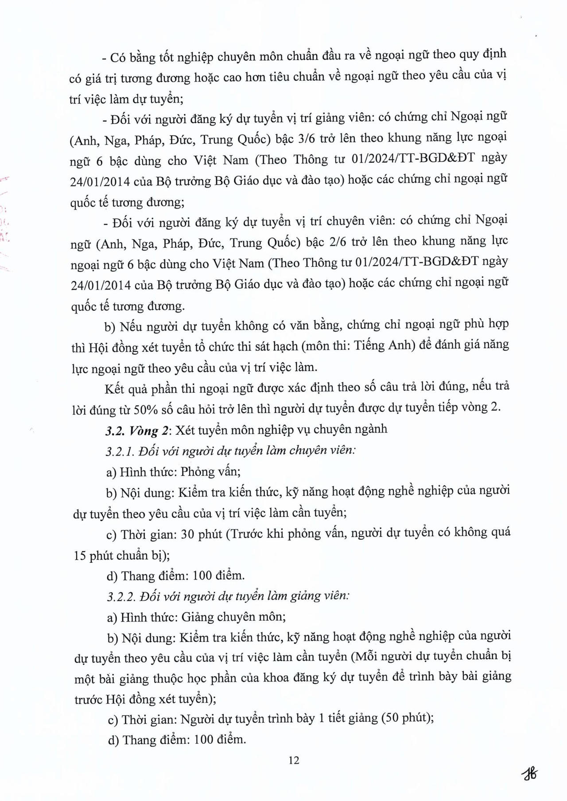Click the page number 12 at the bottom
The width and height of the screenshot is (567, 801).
click(x=294, y=760)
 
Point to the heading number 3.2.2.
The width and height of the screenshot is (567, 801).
click(x=121, y=596)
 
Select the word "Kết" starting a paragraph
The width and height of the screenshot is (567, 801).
click(x=115, y=389)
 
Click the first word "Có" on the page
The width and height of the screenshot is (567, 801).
click(x=120, y=57)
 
